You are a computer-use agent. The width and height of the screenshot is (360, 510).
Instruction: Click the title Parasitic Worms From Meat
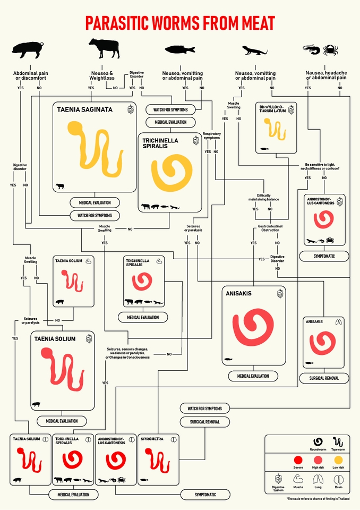coord(180,23)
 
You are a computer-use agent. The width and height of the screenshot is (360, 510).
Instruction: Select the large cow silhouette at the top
coord(104,48)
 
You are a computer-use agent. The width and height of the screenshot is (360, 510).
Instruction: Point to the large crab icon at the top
coord(330,50)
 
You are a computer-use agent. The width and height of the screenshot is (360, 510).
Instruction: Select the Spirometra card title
coord(152,439)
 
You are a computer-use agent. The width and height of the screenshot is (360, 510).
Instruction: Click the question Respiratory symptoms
coord(211,135)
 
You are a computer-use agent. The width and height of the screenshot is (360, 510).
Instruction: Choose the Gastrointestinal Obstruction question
coord(272,228)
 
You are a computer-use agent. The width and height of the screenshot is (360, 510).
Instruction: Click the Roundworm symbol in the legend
coord(318,441)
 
